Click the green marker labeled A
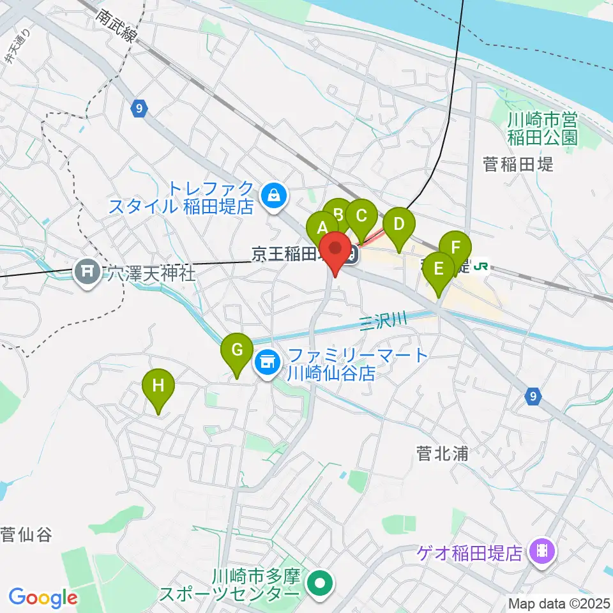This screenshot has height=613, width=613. [321, 227]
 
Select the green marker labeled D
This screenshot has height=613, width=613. [399, 225]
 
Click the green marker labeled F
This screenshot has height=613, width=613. [455, 248]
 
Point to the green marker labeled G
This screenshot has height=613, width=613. [236, 351]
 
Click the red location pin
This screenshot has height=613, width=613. [335, 249]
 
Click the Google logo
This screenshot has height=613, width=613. [43, 598]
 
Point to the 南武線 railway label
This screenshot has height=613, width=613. [117, 26]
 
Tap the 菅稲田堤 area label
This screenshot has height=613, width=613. [518, 165]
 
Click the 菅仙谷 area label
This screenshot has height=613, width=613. [26, 534]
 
